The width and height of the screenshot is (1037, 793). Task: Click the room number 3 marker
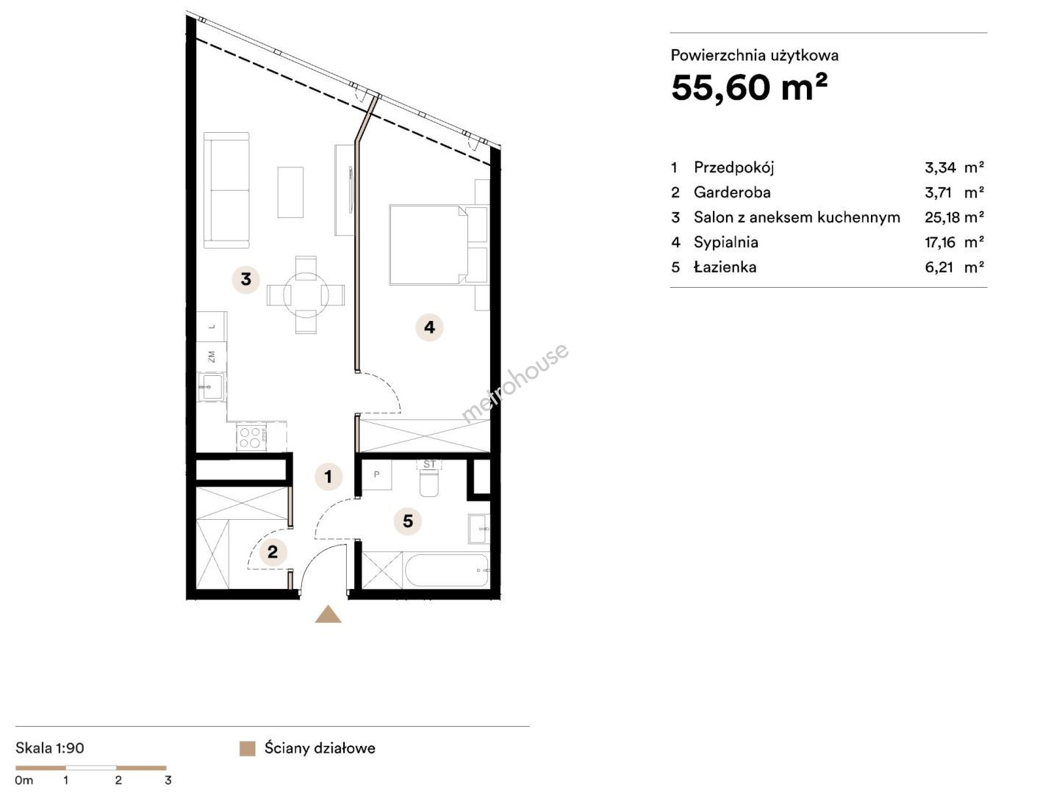click(x=245, y=280)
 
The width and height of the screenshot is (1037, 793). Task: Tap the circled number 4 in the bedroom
click(x=429, y=327)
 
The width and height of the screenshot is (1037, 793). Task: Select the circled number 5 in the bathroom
click(x=408, y=521)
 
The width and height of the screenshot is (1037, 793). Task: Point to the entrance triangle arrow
click(x=328, y=615)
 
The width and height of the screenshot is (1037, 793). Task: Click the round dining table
click(x=306, y=295)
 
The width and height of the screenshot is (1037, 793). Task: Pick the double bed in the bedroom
click(x=428, y=245)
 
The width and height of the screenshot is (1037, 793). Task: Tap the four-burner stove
click(x=251, y=437)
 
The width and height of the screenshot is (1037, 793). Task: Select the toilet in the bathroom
click(x=429, y=479)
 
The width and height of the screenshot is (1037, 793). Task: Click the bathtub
click(x=447, y=570)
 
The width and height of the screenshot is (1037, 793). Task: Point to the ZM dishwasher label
click(x=211, y=356)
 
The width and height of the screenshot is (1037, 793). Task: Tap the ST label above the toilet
click(x=429, y=465)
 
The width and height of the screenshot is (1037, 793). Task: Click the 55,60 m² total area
click(x=749, y=88)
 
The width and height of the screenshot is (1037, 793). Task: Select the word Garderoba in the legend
click(x=732, y=192)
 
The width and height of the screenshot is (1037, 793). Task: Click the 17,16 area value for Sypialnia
click(x=940, y=242)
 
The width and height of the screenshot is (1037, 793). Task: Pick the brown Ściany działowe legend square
click(x=248, y=748)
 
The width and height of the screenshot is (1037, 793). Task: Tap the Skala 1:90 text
click(x=49, y=747)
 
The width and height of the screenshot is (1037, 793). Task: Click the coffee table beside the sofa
click(x=290, y=192)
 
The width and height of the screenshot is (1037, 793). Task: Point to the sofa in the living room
click(x=226, y=190)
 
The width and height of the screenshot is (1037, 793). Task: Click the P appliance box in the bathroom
click(x=376, y=475)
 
